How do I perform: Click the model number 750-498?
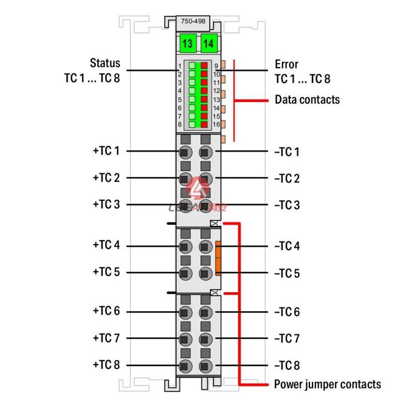point(193,21)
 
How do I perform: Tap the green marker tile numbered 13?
point(188,43)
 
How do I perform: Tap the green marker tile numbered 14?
point(209,43)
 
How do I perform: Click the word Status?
point(105,63)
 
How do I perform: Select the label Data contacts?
point(307,99)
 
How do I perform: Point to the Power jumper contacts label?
point(327,384)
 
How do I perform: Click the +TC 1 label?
point(106,151)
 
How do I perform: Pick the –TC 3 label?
point(287,205)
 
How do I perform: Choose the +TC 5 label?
point(106,272)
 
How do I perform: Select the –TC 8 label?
point(287,366)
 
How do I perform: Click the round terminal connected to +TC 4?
point(186,247)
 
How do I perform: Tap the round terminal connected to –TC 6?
point(205,312)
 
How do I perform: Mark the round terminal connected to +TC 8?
point(186,366)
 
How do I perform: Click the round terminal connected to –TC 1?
point(205,152)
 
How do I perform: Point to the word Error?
point(287,64)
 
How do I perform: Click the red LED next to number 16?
point(204,124)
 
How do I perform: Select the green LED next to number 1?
point(192,66)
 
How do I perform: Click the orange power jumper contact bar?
point(218,258)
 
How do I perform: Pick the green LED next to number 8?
point(192,124)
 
